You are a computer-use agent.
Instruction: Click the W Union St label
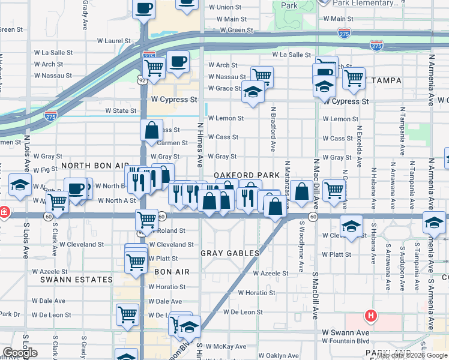224,7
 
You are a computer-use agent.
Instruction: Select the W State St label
121,110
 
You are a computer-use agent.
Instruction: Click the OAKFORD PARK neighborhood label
247,175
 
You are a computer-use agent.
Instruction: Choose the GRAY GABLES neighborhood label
230,253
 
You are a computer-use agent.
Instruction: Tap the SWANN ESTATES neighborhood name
76,280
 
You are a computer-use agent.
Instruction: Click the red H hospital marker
372,315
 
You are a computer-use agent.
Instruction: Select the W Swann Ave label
345,332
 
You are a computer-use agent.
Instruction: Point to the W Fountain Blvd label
347,341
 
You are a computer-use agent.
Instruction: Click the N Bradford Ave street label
273,129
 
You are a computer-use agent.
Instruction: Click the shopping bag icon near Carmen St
152,129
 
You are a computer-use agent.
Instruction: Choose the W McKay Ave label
227,346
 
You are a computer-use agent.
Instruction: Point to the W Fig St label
45,170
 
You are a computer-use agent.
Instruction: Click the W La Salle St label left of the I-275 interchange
53,52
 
